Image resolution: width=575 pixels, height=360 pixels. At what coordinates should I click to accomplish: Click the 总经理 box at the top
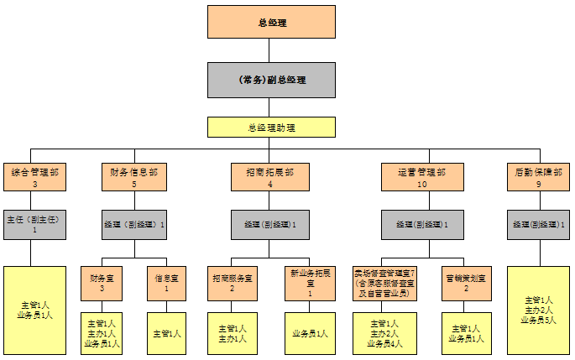[271, 22]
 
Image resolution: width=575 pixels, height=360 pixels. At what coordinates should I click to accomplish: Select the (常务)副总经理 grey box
[271, 80]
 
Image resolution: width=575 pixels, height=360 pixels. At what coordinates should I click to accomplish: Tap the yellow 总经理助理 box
[271, 127]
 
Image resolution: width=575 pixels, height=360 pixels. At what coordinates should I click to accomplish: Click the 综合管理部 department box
[35, 176]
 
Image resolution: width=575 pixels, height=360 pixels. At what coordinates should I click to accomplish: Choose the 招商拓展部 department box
[270, 176]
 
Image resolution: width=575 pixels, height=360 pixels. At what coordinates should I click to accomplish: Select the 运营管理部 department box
[422, 176]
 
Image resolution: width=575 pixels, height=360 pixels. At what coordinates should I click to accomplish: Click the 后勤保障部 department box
[538, 176]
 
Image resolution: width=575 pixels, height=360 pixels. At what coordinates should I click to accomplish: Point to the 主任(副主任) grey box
[35, 224]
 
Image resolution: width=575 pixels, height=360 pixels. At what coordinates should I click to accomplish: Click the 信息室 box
[166, 282]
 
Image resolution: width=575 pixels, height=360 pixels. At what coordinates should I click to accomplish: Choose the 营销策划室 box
[463, 282]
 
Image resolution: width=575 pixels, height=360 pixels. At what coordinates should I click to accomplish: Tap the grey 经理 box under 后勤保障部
[538, 224]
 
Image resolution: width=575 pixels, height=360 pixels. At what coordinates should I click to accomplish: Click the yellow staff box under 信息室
[166, 333]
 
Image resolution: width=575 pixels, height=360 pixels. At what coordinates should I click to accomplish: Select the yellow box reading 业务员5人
[538, 310]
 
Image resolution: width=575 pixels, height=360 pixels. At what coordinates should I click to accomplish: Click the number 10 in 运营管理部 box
[422, 183]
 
